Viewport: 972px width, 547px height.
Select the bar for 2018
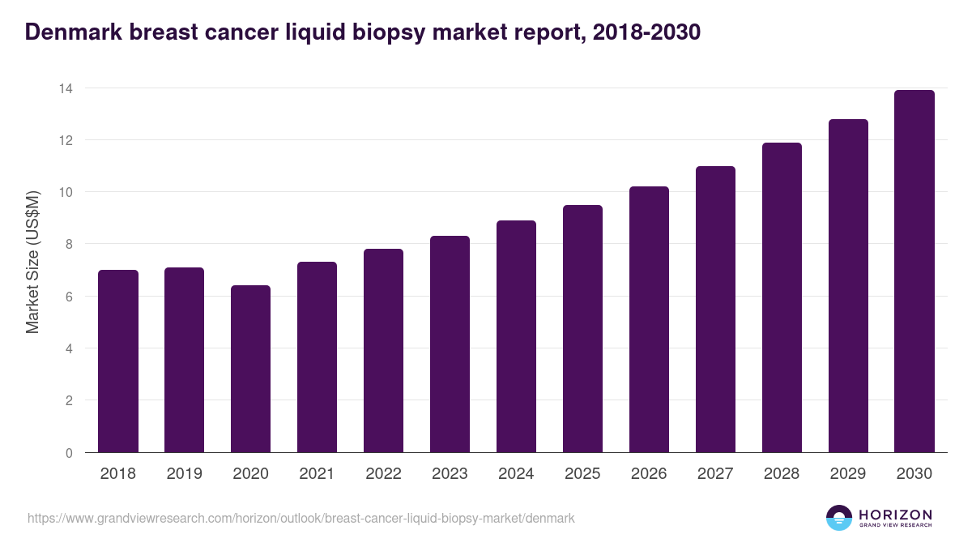(x=118, y=361)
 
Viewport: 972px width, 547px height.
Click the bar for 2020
(x=251, y=369)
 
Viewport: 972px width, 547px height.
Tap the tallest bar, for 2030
(x=914, y=271)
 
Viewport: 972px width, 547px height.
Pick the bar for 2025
(x=582, y=329)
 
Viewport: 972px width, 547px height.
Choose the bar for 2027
(x=715, y=310)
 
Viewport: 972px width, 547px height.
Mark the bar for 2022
(x=383, y=351)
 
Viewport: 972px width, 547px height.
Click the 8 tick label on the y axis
(x=69, y=244)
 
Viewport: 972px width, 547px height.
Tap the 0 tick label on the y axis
(x=69, y=453)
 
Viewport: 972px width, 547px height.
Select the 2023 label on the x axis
(x=450, y=474)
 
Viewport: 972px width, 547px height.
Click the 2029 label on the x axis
(x=848, y=474)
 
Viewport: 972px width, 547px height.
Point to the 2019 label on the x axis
(x=185, y=474)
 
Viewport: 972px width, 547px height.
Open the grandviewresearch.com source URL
(x=301, y=518)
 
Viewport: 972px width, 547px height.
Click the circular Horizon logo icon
(x=839, y=518)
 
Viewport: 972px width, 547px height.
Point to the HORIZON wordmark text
(x=895, y=515)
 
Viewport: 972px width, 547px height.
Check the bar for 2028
(x=782, y=297)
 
